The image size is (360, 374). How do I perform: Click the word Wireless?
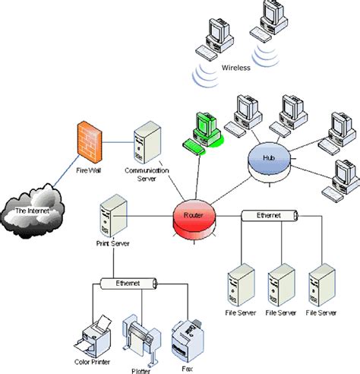(x=236, y=68)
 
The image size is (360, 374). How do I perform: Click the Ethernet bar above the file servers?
(x=267, y=216)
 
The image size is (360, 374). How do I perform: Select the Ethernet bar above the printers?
(x=127, y=283)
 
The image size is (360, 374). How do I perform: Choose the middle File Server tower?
(x=280, y=283)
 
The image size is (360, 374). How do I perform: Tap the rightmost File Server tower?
(x=321, y=283)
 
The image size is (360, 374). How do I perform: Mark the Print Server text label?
(x=112, y=244)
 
